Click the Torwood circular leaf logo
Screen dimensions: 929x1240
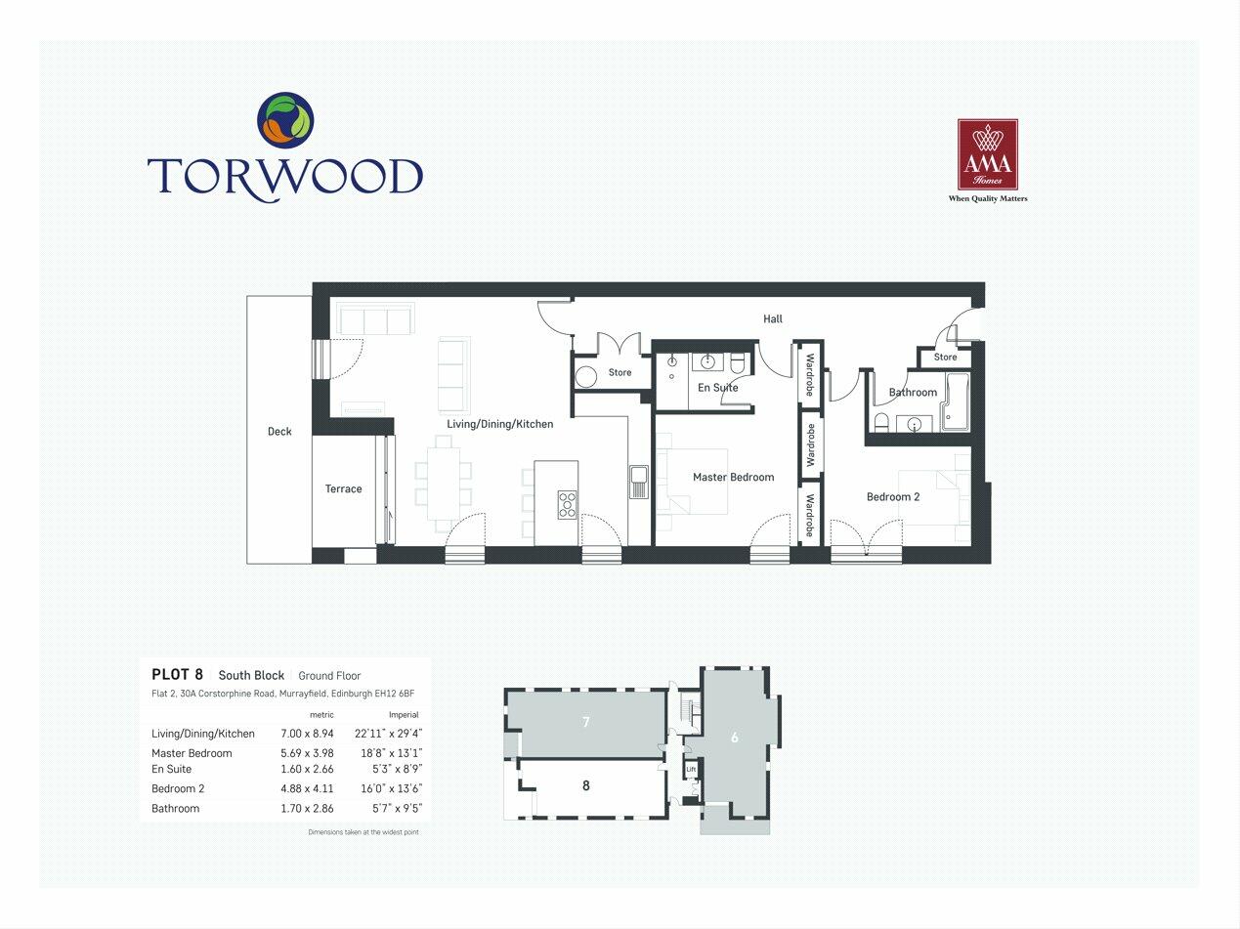click(285, 120)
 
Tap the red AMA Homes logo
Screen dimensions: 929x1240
click(987, 154)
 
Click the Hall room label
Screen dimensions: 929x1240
click(773, 318)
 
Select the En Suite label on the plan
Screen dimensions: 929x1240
click(717, 388)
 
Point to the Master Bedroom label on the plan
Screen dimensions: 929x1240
click(733, 478)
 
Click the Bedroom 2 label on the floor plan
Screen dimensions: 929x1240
click(893, 497)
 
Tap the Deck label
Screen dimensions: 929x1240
click(279, 432)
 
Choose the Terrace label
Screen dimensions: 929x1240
click(343, 489)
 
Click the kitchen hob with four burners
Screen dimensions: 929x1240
click(567, 504)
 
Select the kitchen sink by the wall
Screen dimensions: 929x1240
click(638, 482)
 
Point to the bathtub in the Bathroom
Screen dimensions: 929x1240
click(955, 401)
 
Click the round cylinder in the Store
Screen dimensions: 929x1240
click(586, 377)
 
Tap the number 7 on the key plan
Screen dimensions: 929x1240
click(585, 723)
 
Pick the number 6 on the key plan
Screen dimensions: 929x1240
click(735, 738)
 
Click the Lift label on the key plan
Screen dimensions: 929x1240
click(691, 770)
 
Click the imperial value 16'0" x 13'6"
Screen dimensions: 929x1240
click(388, 789)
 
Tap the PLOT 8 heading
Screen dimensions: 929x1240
click(177, 675)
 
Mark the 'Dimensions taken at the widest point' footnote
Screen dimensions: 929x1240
click(363, 832)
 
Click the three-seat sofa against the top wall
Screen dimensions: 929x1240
click(375, 318)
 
